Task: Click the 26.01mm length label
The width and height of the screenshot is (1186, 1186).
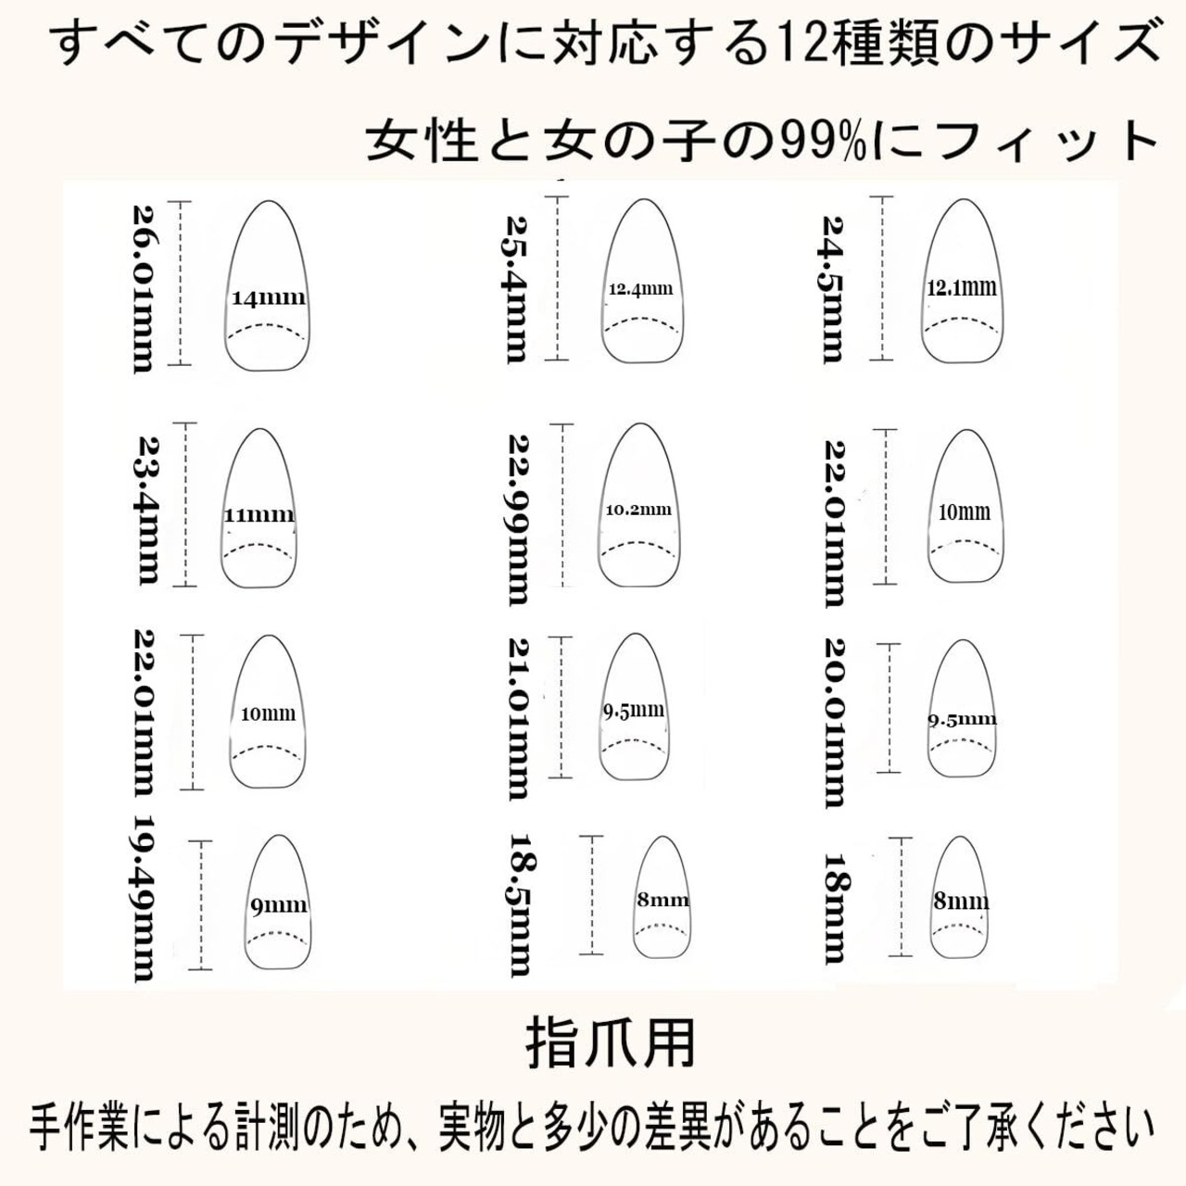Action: pos(144,288)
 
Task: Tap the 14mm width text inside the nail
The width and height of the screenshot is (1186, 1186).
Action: pos(268,298)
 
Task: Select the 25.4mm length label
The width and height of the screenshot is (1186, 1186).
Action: pos(517,288)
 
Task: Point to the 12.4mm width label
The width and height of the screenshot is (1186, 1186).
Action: pos(640,289)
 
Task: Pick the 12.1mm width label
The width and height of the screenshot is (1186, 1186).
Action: pos(962,287)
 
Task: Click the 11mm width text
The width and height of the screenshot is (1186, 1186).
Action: pos(259,515)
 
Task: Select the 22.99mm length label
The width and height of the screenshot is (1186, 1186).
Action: pos(521,519)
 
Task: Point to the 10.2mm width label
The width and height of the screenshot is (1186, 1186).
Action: pos(638,509)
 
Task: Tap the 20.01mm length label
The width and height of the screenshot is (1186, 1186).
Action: pos(835,722)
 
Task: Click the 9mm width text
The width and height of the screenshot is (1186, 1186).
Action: pos(278,905)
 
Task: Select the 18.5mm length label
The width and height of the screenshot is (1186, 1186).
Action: pos(521,902)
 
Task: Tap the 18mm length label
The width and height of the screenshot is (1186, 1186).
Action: pos(836,908)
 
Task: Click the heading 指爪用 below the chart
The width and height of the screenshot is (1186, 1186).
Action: pos(611,1044)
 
